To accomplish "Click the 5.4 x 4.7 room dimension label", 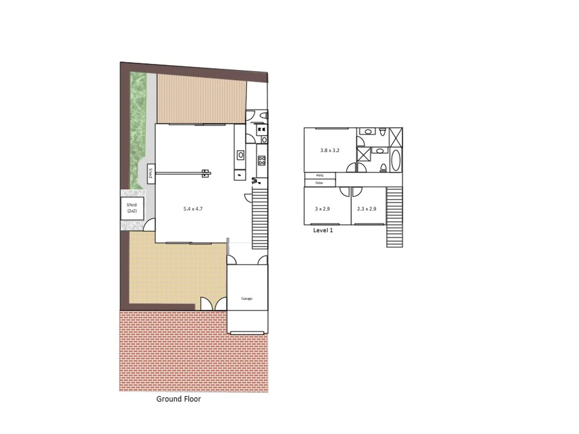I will point(193,209).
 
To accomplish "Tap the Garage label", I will point(247,299).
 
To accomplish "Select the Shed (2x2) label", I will point(132,208).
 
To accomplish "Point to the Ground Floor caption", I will point(179,399).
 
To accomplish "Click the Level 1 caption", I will point(323,230).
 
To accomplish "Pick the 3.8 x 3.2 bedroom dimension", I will point(330,150).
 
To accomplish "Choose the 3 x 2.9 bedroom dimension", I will point(322,209).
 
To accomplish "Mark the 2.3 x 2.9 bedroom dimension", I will point(367,209).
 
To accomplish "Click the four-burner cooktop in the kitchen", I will point(262,161).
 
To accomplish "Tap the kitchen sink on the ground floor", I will point(240,155).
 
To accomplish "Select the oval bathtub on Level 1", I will point(396,160).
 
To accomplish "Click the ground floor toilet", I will point(263,115).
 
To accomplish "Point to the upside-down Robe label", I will point(320,176).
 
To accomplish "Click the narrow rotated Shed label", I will point(151,174).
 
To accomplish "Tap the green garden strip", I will point(138,129).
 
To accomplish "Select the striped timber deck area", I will point(201,98).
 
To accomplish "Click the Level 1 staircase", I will point(394,217).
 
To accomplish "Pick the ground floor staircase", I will point(260,219).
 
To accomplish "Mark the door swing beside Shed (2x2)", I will point(150,225).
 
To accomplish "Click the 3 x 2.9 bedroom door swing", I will point(345,191).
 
